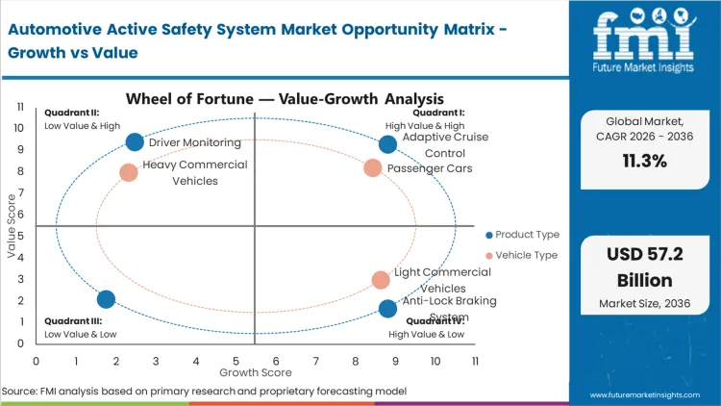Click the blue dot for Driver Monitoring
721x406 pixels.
pyautogui.click(x=135, y=142)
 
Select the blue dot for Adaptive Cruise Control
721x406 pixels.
pyautogui.click(x=387, y=144)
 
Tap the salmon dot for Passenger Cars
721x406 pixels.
pyautogui.click(x=373, y=168)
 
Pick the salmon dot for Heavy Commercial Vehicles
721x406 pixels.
pyautogui.click(x=129, y=173)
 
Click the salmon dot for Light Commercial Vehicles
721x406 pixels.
pyautogui.click(x=381, y=280)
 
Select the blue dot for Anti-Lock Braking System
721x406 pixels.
pyautogui.click(x=387, y=309)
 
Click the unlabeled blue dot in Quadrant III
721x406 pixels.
pyautogui.click(x=106, y=300)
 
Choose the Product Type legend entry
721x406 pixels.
pyautogui.click(x=523, y=235)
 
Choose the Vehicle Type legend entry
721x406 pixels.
pyautogui.click(x=522, y=255)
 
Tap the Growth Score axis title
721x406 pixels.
pyautogui.click(x=255, y=371)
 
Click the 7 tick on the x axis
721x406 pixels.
pyautogui.click(x=315, y=361)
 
